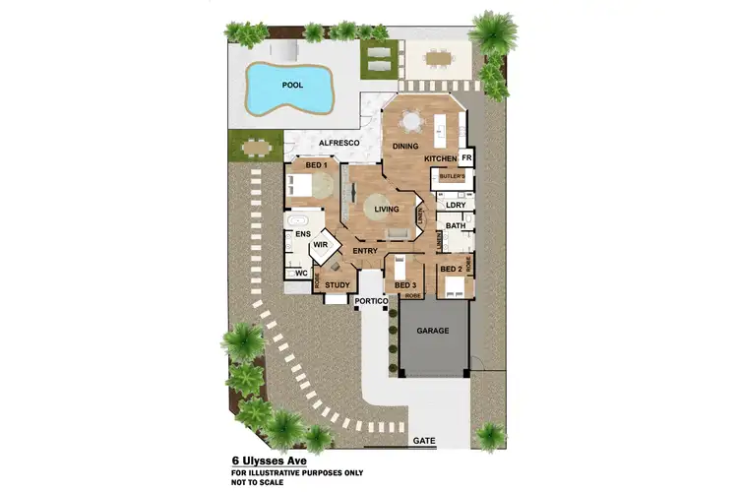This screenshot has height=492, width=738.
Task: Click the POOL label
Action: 293,85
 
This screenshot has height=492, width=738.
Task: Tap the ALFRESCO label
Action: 327,143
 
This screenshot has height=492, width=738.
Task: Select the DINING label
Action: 406,147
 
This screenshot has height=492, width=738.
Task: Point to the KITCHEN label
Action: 441,158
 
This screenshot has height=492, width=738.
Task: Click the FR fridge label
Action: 466,157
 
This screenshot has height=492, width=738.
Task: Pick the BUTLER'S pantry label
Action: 452,177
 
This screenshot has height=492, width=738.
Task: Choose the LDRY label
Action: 455,206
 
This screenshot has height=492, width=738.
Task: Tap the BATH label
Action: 455,226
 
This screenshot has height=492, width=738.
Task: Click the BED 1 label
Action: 315,165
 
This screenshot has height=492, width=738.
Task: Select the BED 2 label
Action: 451,269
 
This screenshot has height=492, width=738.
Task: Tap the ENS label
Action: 302,235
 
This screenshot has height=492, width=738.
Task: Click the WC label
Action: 302,273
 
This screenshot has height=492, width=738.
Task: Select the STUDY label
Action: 338,285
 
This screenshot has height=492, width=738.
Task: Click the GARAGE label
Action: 433,331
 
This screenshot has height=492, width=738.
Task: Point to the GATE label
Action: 425,440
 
